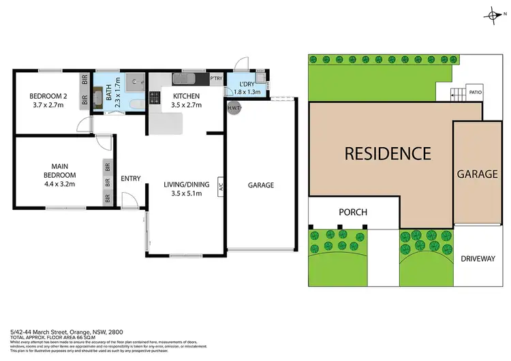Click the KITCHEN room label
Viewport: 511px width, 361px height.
coord(186,95)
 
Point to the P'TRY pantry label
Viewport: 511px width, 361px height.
coord(217,78)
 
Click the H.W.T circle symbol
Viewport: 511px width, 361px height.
coord(232,107)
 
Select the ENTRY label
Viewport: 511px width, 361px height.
coord(131,179)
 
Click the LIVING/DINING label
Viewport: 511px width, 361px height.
coord(186,184)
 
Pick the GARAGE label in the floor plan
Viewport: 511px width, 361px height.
coord(260,185)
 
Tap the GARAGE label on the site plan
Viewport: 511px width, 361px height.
coord(477,174)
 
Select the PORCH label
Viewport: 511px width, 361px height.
coord(353,212)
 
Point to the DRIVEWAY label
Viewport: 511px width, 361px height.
coord(477,259)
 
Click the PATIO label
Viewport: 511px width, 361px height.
coord(474,89)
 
